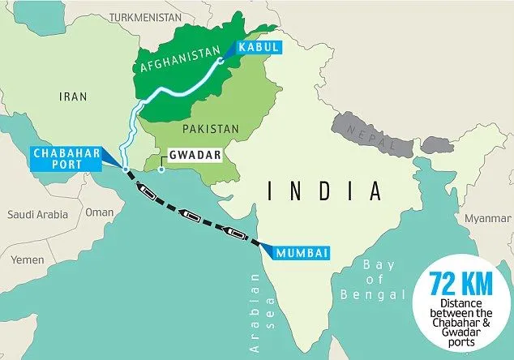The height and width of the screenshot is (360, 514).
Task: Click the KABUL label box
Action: click(258, 48)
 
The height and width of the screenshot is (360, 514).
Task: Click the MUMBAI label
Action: click(301, 252)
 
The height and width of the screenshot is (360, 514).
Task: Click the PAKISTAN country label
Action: click(211, 128)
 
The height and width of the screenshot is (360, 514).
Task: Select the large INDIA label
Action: click(324, 191)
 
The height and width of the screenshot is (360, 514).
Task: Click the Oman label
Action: click(100, 212)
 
